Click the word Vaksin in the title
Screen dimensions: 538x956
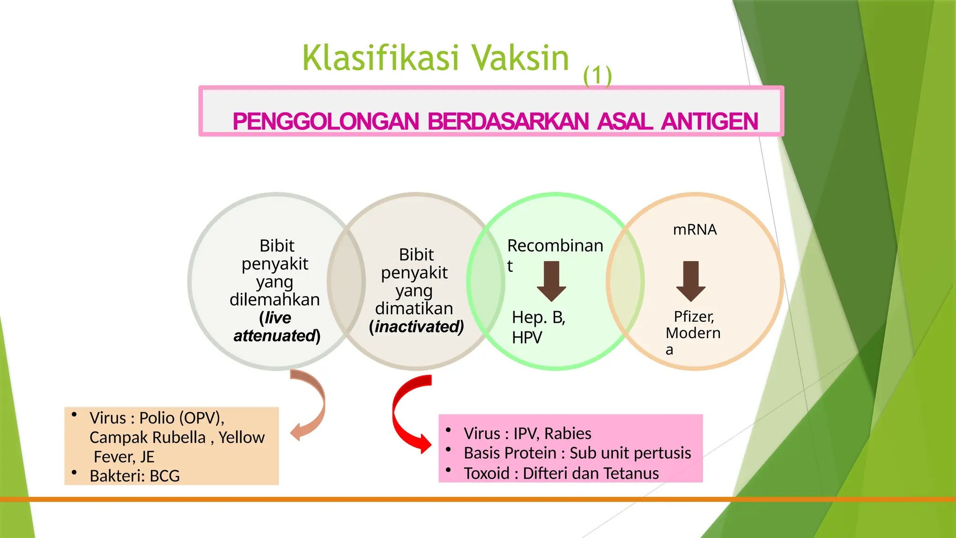520,58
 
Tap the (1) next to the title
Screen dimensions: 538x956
597,76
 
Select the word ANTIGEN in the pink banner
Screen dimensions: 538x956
709,121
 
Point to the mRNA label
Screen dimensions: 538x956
695,230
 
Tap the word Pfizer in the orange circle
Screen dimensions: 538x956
694,317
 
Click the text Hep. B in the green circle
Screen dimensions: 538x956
538,318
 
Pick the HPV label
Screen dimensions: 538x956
527,338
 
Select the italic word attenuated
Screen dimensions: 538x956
275,336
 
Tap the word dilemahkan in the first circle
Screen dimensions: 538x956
274,299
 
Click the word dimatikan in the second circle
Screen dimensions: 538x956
414,309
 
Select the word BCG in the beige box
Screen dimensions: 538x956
165,476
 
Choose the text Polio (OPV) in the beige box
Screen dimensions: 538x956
181,418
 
